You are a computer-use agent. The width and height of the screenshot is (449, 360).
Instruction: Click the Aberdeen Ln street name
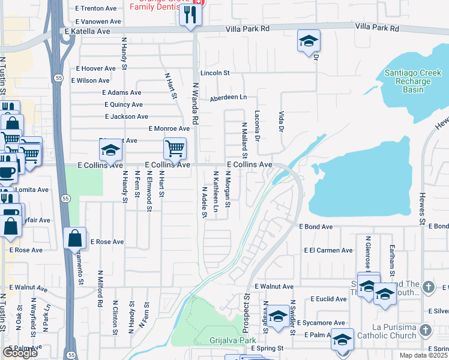228,97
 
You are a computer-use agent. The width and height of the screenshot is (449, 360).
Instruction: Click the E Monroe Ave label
169,129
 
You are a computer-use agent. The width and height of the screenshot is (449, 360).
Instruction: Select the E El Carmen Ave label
328,250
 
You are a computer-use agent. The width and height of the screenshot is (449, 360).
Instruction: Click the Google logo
20,353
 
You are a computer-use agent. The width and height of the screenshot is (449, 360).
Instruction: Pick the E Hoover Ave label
95,69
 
